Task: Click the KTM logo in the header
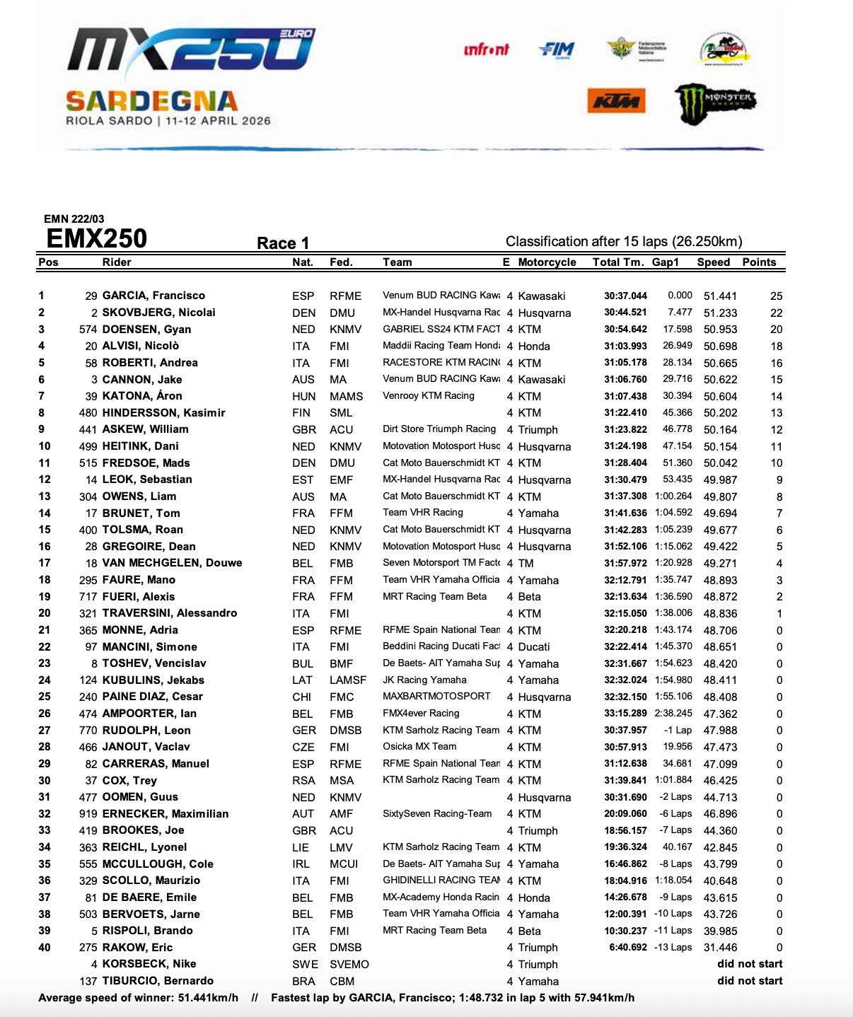[x=616, y=101]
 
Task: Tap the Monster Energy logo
[x=715, y=103]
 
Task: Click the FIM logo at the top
[x=557, y=50]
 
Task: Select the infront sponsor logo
[x=486, y=50]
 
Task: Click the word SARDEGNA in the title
[x=151, y=101]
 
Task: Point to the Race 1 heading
[x=283, y=243]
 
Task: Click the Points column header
[x=759, y=262]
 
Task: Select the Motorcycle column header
[x=547, y=262]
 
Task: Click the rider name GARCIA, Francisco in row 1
[x=153, y=296]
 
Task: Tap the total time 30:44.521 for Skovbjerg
[x=625, y=313]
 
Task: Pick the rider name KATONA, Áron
[x=142, y=396]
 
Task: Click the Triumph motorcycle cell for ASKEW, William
[x=538, y=430]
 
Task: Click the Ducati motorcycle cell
[x=534, y=647]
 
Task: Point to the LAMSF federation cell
[x=348, y=680]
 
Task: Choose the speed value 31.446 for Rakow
[x=720, y=948]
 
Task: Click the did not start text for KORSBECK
[x=750, y=964]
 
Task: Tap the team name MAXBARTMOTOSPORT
[x=436, y=697]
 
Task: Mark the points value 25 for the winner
[x=777, y=296]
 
